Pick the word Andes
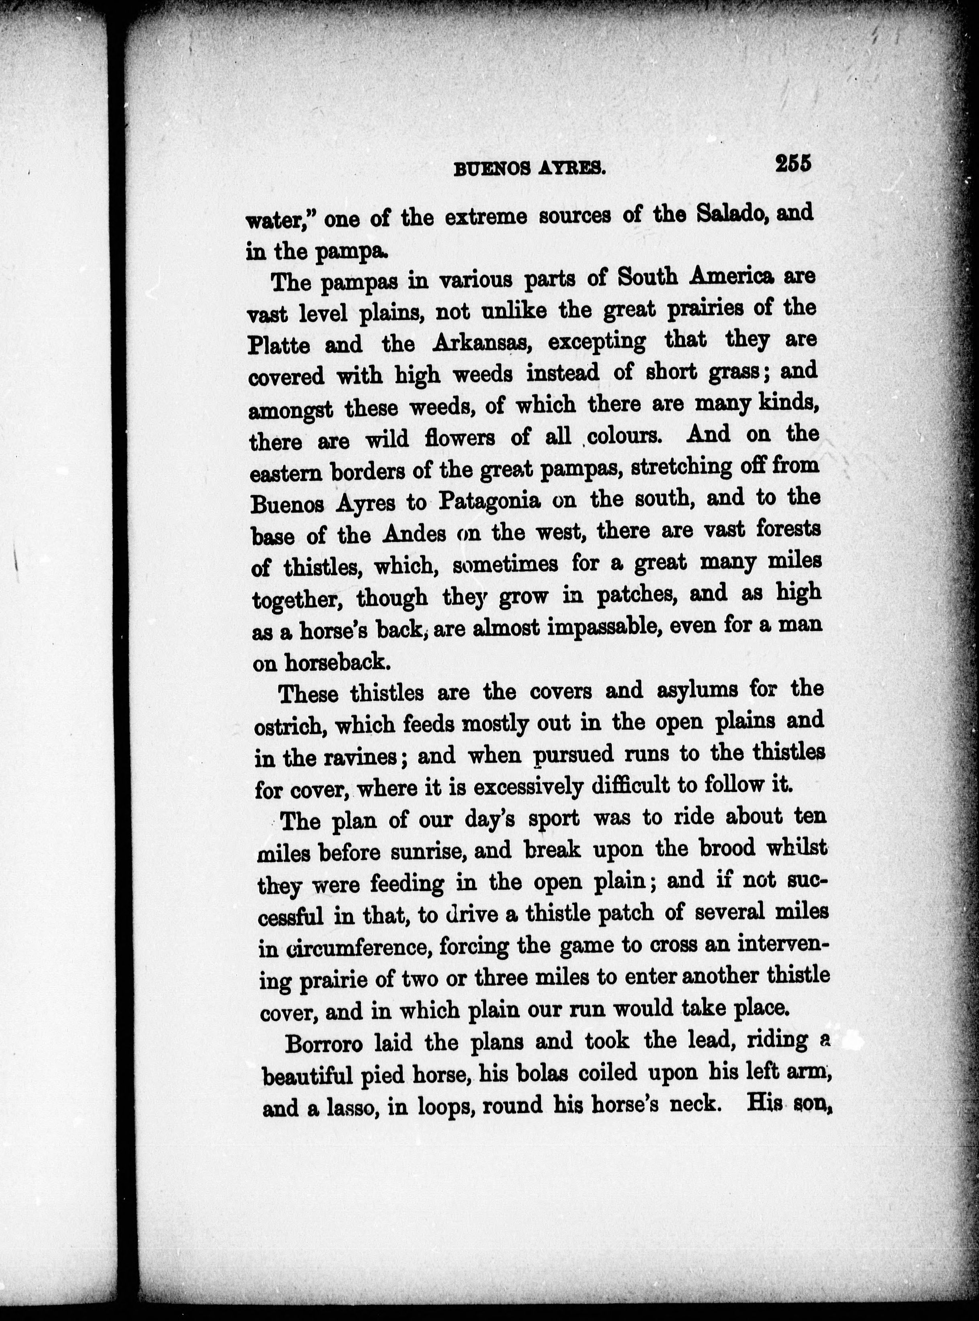coord(414,534)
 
